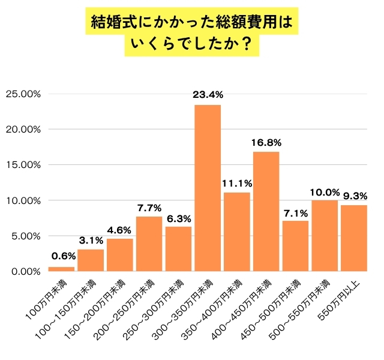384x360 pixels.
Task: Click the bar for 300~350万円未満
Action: point(208,188)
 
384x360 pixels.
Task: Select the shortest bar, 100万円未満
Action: point(61,269)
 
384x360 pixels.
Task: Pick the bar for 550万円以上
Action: point(354,238)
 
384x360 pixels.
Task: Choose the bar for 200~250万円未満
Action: point(149,244)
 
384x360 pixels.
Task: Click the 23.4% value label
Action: point(208,94)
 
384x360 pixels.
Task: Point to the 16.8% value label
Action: point(266,142)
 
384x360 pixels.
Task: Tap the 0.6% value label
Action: point(61,257)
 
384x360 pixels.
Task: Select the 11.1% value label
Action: point(237,182)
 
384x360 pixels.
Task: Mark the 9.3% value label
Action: point(355,195)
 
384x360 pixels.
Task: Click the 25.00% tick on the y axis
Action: point(23,94)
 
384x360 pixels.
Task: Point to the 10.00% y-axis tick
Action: point(23,200)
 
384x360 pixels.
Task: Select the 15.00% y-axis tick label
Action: point(23,165)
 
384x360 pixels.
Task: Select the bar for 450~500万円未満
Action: point(295,246)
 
